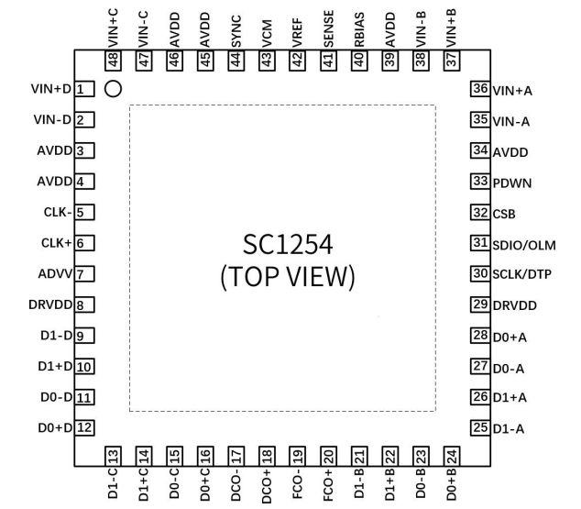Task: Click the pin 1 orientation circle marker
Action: (115, 90)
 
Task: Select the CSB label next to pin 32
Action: (505, 214)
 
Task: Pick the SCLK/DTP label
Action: (524, 275)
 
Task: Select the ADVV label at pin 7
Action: (55, 274)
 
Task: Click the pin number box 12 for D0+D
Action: (84, 426)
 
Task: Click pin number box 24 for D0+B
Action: (451, 456)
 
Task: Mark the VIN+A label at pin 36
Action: (513, 91)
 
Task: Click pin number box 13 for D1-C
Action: (113, 456)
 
